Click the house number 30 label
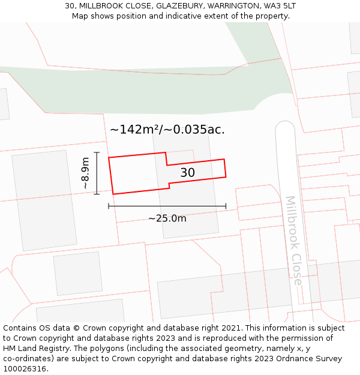(x=188, y=173)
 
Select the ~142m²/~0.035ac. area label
(x=167, y=130)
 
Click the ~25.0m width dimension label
(x=167, y=218)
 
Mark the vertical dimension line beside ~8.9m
(x=97, y=173)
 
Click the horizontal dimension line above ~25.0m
(x=167, y=206)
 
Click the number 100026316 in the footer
(x=24, y=368)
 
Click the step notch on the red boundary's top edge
(x=166, y=159)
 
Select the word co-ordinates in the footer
(x=26, y=359)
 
